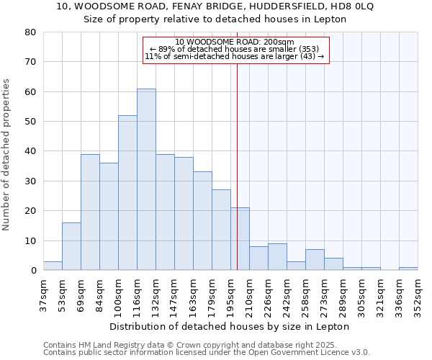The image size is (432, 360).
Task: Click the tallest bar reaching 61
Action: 146,179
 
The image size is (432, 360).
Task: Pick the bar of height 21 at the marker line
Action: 240,239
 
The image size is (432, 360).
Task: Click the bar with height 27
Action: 221,230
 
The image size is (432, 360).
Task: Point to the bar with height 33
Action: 202,221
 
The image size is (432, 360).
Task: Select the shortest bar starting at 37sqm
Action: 53,266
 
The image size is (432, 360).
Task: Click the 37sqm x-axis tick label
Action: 44,293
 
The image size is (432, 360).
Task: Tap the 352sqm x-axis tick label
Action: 418,293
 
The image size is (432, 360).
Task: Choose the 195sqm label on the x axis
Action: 231,293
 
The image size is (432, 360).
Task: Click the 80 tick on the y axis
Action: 30,32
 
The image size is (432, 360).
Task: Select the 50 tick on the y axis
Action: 30,122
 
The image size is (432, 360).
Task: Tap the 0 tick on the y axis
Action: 33,271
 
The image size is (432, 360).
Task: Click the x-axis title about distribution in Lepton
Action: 230,326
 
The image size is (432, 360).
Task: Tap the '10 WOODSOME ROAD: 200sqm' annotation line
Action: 235,42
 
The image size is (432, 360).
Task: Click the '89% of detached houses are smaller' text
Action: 235,49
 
